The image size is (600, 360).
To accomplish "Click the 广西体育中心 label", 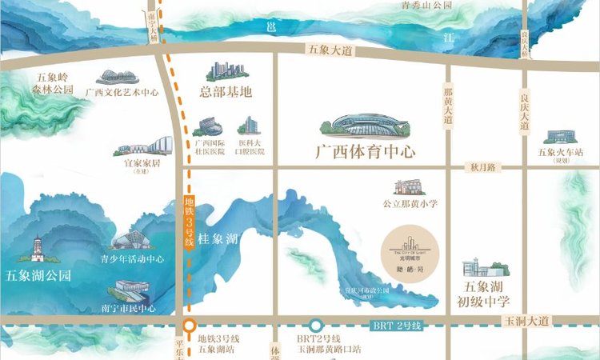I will pyautogui.click(x=365, y=151).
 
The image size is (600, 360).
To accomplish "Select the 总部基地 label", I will pyautogui.click(x=228, y=92).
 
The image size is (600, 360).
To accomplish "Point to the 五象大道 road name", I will pyautogui.click(x=330, y=50).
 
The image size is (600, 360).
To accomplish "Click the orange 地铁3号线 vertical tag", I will pyautogui.click(x=190, y=223).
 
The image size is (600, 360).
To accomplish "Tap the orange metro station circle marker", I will pyautogui.click(x=190, y=326).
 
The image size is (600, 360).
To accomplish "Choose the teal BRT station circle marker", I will pyautogui.click(x=316, y=326).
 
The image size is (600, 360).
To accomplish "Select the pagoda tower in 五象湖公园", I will pyautogui.click(x=37, y=249).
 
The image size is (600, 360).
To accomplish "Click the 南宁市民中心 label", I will pyautogui.click(x=130, y=308).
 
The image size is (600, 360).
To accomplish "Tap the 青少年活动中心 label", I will pyautogui.click(x=132, y=259).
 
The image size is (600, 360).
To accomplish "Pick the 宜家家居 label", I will pyautogui.click(x=142, y=162).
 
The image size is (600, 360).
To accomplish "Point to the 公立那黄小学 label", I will pyautogui.click(x=410, y=204).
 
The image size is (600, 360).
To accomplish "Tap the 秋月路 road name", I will pyautogui.click(x=484, y=167).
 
